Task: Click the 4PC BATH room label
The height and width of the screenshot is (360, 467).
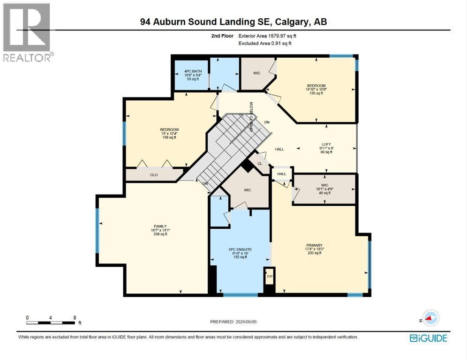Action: tap(193, 71)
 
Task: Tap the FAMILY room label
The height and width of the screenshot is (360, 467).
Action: tap(160, 226)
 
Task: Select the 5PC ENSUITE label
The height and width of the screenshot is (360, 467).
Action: tap(241, 249)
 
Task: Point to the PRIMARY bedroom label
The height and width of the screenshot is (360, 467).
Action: tap(314, 245)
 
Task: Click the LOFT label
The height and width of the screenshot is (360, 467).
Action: tap(326, 144)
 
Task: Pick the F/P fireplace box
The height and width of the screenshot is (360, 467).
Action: tap(270, 276)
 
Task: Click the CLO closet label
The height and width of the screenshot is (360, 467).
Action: tap(154, 175)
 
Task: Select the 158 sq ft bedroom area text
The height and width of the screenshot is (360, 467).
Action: tap(169, 137)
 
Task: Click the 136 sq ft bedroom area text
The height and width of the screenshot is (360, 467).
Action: tap(316, 93)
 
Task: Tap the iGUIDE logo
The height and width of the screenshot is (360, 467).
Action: tap(428, 338)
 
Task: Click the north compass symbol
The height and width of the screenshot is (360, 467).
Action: tap(430, 318)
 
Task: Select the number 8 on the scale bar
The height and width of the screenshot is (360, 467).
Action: tap(75, 317)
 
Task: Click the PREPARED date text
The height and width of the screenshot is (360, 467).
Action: tap(233, 322)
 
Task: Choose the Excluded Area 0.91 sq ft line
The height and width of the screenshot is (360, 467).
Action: tap(265, 43)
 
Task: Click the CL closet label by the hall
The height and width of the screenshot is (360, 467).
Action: tap(260, 164)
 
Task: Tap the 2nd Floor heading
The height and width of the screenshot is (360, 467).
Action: tap(222, 36)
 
